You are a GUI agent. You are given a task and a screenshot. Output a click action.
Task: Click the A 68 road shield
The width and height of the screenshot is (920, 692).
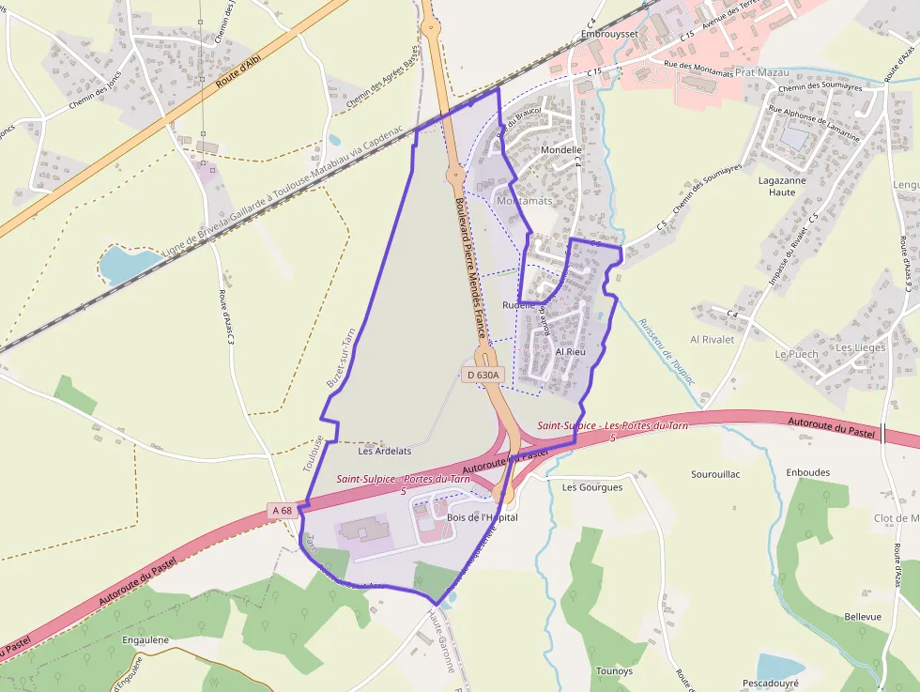[282, 511]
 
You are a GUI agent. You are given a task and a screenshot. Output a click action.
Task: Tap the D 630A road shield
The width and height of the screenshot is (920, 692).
[483, 375]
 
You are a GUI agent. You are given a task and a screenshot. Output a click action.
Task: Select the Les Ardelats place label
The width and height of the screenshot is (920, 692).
[385, 451]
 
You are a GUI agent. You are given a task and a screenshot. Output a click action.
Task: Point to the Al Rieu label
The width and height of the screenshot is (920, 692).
[571, 352]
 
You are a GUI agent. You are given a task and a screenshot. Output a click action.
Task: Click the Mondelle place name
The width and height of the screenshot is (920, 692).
[562, 149]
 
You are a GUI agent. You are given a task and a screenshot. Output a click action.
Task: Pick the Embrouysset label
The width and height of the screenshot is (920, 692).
[609, 34]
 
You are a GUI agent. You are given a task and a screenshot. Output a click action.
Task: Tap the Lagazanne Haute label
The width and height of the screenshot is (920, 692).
[769, 186]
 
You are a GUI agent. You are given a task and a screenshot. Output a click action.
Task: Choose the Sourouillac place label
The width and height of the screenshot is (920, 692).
[715, 474]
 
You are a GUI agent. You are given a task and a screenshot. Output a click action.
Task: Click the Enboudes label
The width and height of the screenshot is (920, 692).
[808, 472]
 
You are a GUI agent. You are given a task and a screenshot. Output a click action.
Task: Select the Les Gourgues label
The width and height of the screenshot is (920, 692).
[592, 487]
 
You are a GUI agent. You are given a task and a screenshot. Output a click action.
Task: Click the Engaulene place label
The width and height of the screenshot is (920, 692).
[146, 640]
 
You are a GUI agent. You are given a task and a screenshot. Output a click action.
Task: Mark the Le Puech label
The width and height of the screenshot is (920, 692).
[796, 354]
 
